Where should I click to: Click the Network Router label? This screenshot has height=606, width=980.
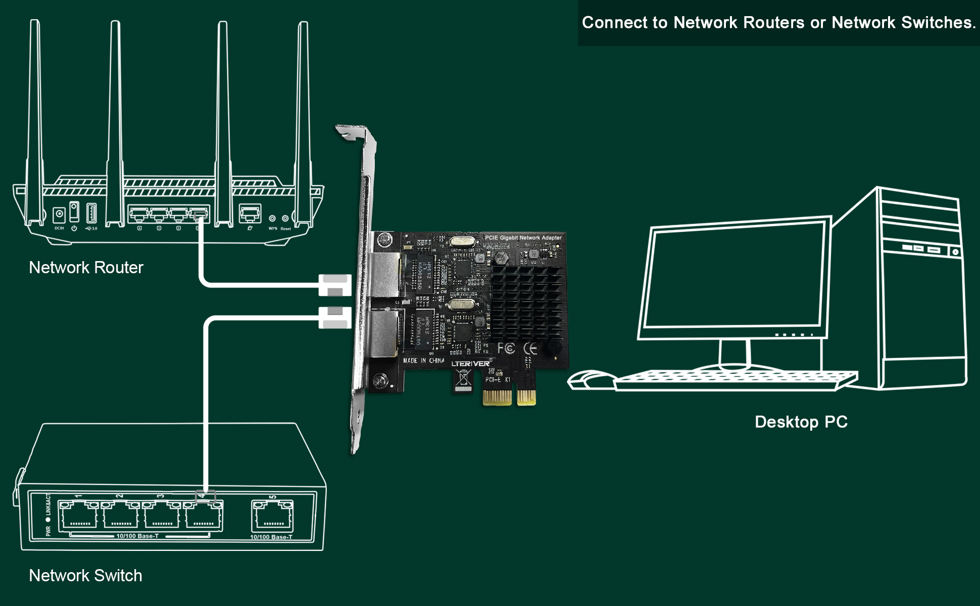(x=86, y=267)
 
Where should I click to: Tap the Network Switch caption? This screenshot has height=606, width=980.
(x=85, y=575)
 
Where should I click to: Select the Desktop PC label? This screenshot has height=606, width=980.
(x=801, y=422)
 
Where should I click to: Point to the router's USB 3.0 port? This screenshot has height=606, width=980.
(x=91, y=213)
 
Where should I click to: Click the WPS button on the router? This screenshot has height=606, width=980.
(x=272, y=219)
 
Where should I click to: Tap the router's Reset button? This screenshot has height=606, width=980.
(x=285, y=219)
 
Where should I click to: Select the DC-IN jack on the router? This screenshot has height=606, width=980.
(x=60, y=215)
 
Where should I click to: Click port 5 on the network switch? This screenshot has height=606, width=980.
(x=273, y=516)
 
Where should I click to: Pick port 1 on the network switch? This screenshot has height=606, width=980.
(x=78, y=516)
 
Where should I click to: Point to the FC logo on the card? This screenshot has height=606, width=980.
(x=506, y=348)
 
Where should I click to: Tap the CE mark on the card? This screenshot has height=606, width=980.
(x=530, y=348)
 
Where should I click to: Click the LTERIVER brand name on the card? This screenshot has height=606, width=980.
(x=470, y=364)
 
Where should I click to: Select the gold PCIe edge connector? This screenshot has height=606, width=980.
(x=509, y=397)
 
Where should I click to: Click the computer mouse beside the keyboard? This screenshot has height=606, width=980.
(x=589, y=380)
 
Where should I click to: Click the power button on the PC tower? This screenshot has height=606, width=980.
(x=955, y=251)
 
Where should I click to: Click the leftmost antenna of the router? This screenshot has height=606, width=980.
(x=35, y=121)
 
